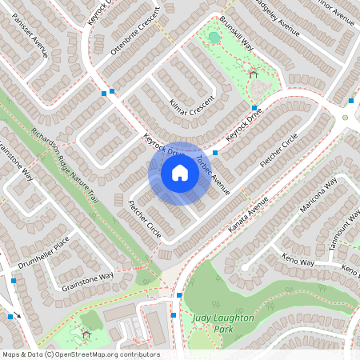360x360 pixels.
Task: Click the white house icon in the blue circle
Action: pos(180,174)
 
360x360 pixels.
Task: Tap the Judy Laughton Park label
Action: pos(222,323)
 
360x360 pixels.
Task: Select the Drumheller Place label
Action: pos(46,249)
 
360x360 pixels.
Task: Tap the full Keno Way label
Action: pos(298,260)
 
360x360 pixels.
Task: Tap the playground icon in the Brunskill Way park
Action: pos(254,74)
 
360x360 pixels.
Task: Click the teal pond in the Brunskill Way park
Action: pos(213,37)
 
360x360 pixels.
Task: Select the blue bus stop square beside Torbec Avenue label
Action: pos(215,152)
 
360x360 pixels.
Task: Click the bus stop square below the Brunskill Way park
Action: pos(254,108)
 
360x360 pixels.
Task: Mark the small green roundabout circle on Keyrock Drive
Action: pos(346,117)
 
